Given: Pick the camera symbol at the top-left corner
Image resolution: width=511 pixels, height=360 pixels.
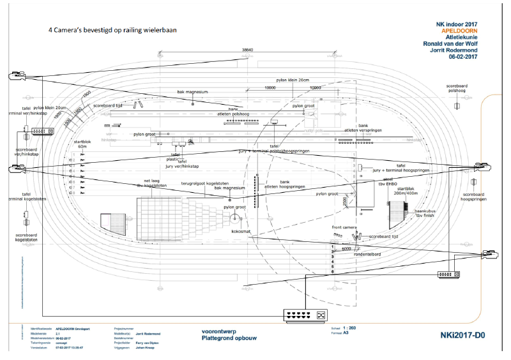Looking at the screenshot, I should coord(14,77).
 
